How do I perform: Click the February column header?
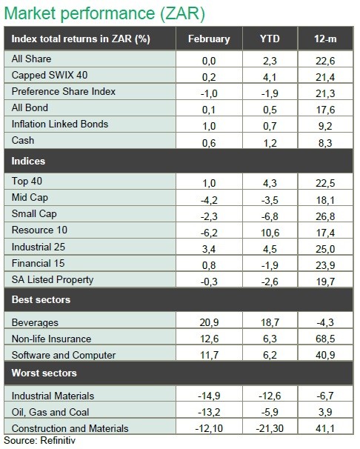point(209,39)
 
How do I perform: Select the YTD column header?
point(270,39)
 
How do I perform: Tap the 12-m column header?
point(325,39)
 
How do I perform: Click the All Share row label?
point(31,59)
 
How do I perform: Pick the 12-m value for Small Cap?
point(325,216)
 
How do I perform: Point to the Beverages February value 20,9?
point(209,322)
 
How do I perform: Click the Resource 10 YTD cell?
point(270,233)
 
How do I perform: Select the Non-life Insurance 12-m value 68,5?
point(325,339)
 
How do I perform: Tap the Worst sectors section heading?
point(44,373)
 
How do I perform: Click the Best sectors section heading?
point(41,299)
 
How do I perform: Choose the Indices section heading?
point(28,161)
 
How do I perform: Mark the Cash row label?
point(23,140)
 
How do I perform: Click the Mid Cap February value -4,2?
point(209,200)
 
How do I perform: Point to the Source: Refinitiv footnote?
point(39,440)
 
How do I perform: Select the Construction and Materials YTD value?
point(270,428)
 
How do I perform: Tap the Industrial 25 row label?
point(39,247)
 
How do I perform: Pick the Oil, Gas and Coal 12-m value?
point(325,412)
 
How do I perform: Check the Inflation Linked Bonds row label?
point(60,124)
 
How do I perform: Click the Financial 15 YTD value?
point(270,265)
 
